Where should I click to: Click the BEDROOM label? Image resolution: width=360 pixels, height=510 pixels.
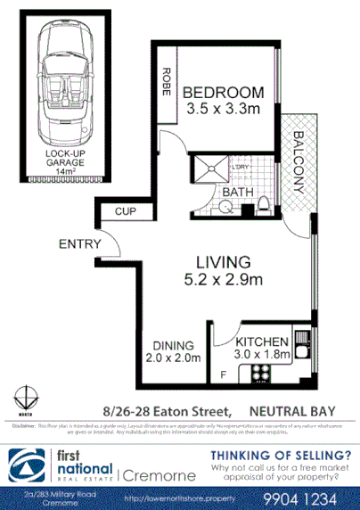click(x=224, y=92)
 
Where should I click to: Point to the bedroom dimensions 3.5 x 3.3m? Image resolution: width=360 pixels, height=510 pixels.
click(x=224, y=109)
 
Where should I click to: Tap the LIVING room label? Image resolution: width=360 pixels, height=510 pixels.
click(x=223, y=262)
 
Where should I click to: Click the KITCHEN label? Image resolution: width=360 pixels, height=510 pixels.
click(x=261, y=341)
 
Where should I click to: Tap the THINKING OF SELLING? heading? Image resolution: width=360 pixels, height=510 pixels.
click(x=279, y=455)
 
